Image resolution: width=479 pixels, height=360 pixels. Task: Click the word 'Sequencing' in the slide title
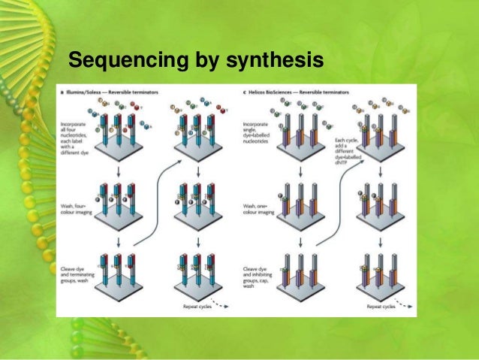pyautogui.click(x=113, y=59)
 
